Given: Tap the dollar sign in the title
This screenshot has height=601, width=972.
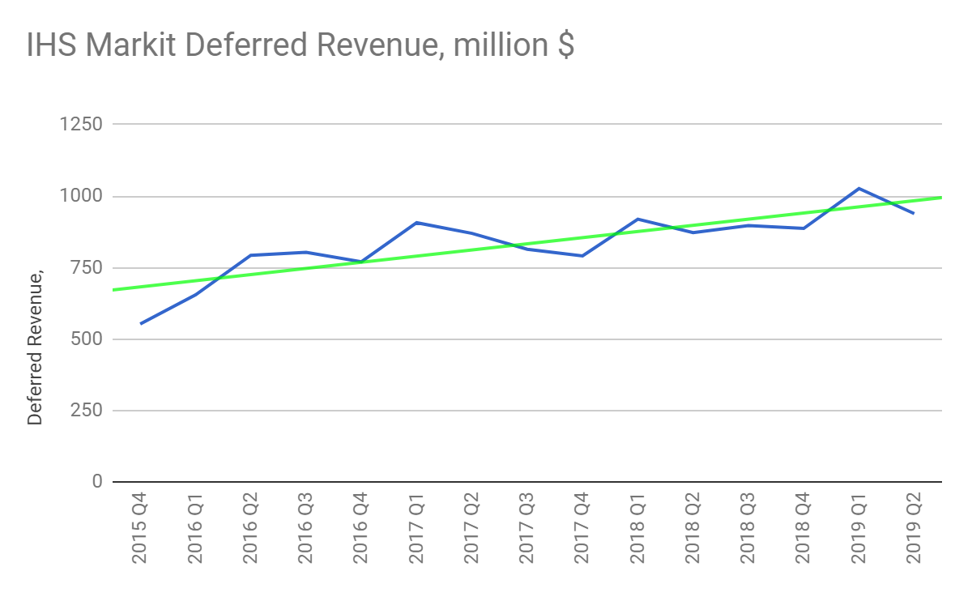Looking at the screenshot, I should tap(565, 46).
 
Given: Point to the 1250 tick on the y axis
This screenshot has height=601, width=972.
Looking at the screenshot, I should tap(81, 125).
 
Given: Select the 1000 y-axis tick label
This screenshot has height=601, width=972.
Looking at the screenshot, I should tap(81, 196).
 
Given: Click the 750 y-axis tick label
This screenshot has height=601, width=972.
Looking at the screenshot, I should tap(86, 268).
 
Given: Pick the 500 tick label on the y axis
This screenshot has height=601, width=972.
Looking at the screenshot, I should tap(86, 339).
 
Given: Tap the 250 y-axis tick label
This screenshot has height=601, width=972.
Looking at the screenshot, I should tap(86, 411).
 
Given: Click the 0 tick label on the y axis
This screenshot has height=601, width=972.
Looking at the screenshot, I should tap(97, 482).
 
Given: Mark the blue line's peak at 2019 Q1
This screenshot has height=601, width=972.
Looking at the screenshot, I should tap(859, 189).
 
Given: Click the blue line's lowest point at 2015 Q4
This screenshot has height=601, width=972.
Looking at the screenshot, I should tap(141, 324).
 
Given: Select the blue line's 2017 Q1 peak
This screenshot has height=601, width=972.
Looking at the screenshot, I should tap(416, 222).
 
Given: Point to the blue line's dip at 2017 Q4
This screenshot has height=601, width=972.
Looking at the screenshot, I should tap(582, 256).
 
